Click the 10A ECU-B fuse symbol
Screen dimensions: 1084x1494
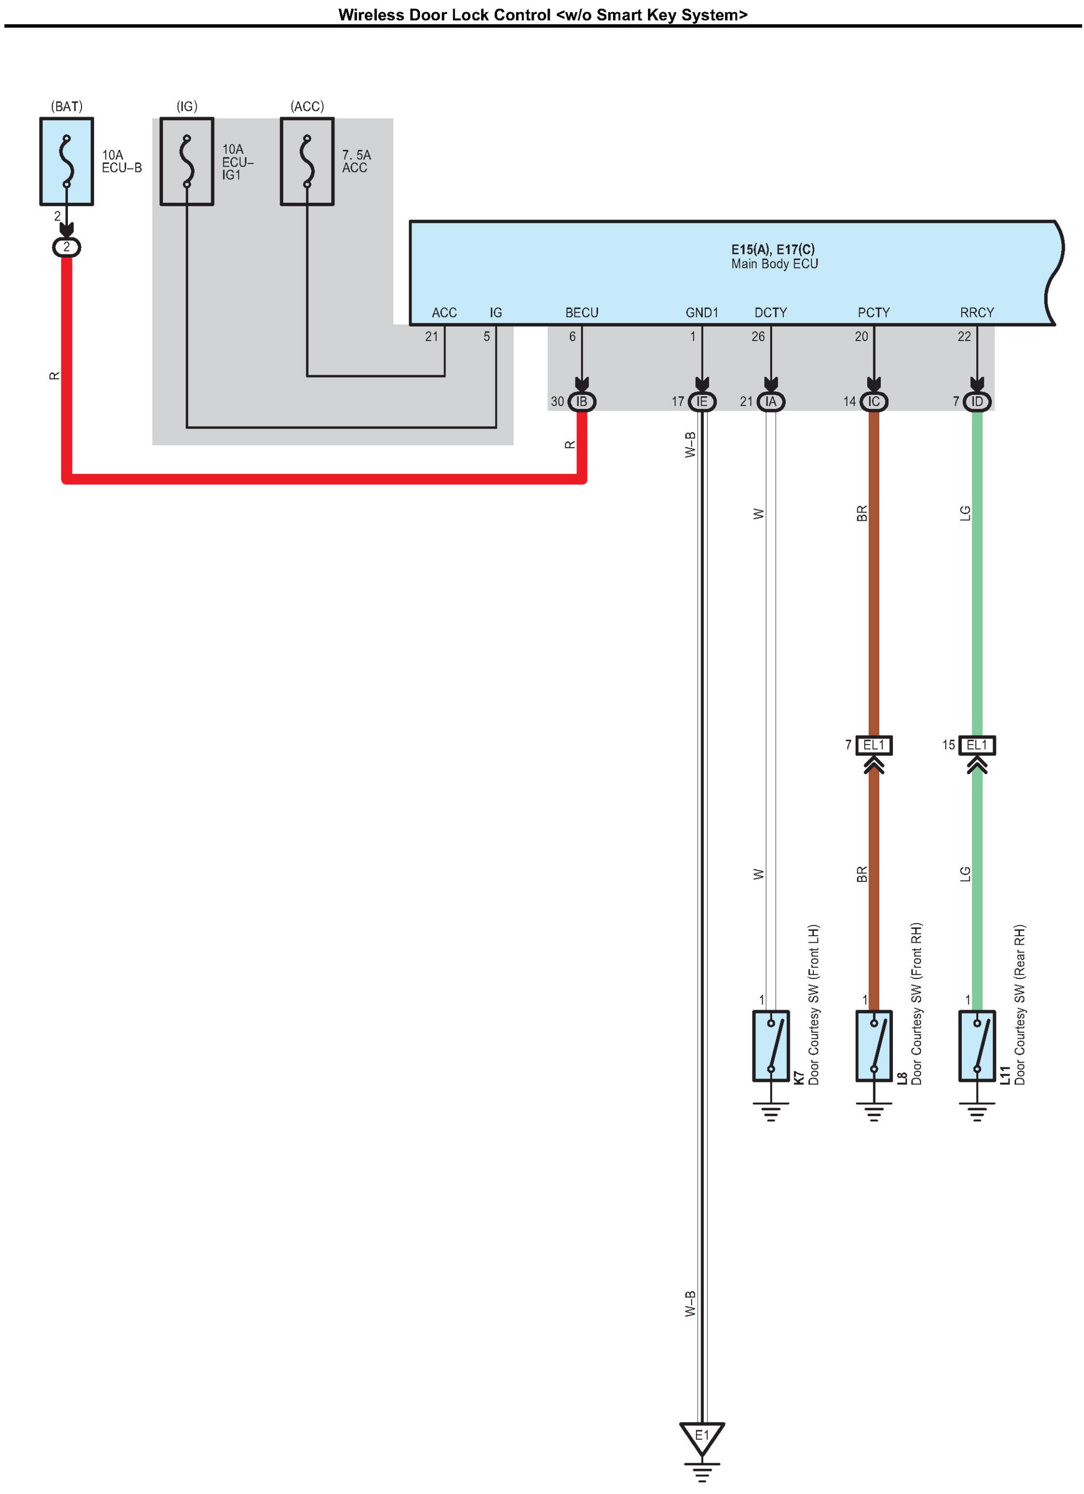pos(66,161)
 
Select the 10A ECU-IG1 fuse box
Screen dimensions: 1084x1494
pos(187,161)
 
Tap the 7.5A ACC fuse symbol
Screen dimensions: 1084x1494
pos(307,161)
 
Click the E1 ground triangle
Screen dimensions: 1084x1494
pos(702,1439)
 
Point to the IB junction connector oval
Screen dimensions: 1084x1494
pos(581,401)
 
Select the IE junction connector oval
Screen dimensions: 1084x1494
pos(702,401)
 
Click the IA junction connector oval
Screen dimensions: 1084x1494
pos(771,401)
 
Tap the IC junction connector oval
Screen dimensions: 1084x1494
pos(874,401)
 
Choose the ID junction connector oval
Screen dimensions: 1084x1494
pos(977,401)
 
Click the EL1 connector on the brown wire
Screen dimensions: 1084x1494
pos(874,745)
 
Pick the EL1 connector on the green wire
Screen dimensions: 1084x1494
pos(977,745)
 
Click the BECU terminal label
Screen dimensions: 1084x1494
pos(581,312)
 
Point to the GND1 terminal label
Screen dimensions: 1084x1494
pos(702,312)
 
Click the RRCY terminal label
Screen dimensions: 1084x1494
pos(977,312)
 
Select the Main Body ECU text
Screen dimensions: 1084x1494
pos(775,264)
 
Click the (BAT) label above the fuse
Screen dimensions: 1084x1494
pos(66,106)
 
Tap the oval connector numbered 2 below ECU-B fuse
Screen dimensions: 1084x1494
pos(66,247)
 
